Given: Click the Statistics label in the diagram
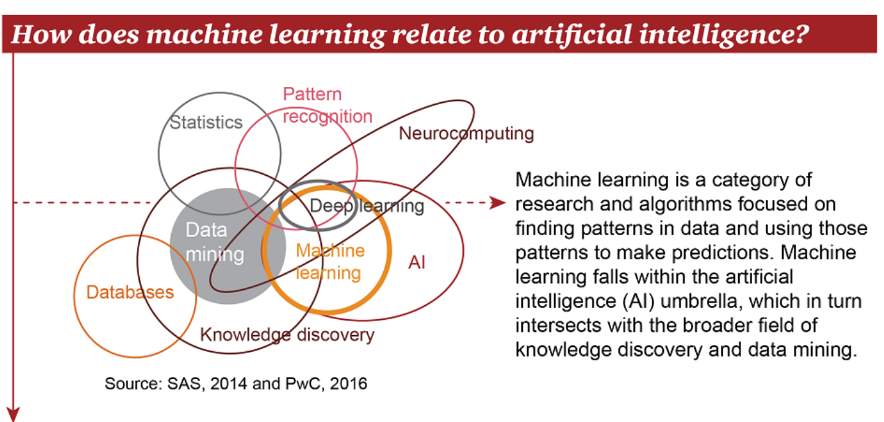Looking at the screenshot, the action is click(206, 123).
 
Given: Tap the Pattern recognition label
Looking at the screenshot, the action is click(327, 105).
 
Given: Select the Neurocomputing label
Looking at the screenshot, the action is click(466, 133).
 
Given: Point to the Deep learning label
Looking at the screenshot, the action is click(366, 206).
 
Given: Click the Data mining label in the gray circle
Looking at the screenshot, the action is click(206, 242).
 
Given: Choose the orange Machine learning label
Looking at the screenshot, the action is click(329, 261).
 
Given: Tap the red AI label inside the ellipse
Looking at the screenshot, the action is click(416, 263).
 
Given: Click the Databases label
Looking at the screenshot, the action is click(130, 292).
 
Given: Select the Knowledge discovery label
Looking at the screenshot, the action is click(287, 335).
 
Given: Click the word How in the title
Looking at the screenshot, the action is click(35, 35).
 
